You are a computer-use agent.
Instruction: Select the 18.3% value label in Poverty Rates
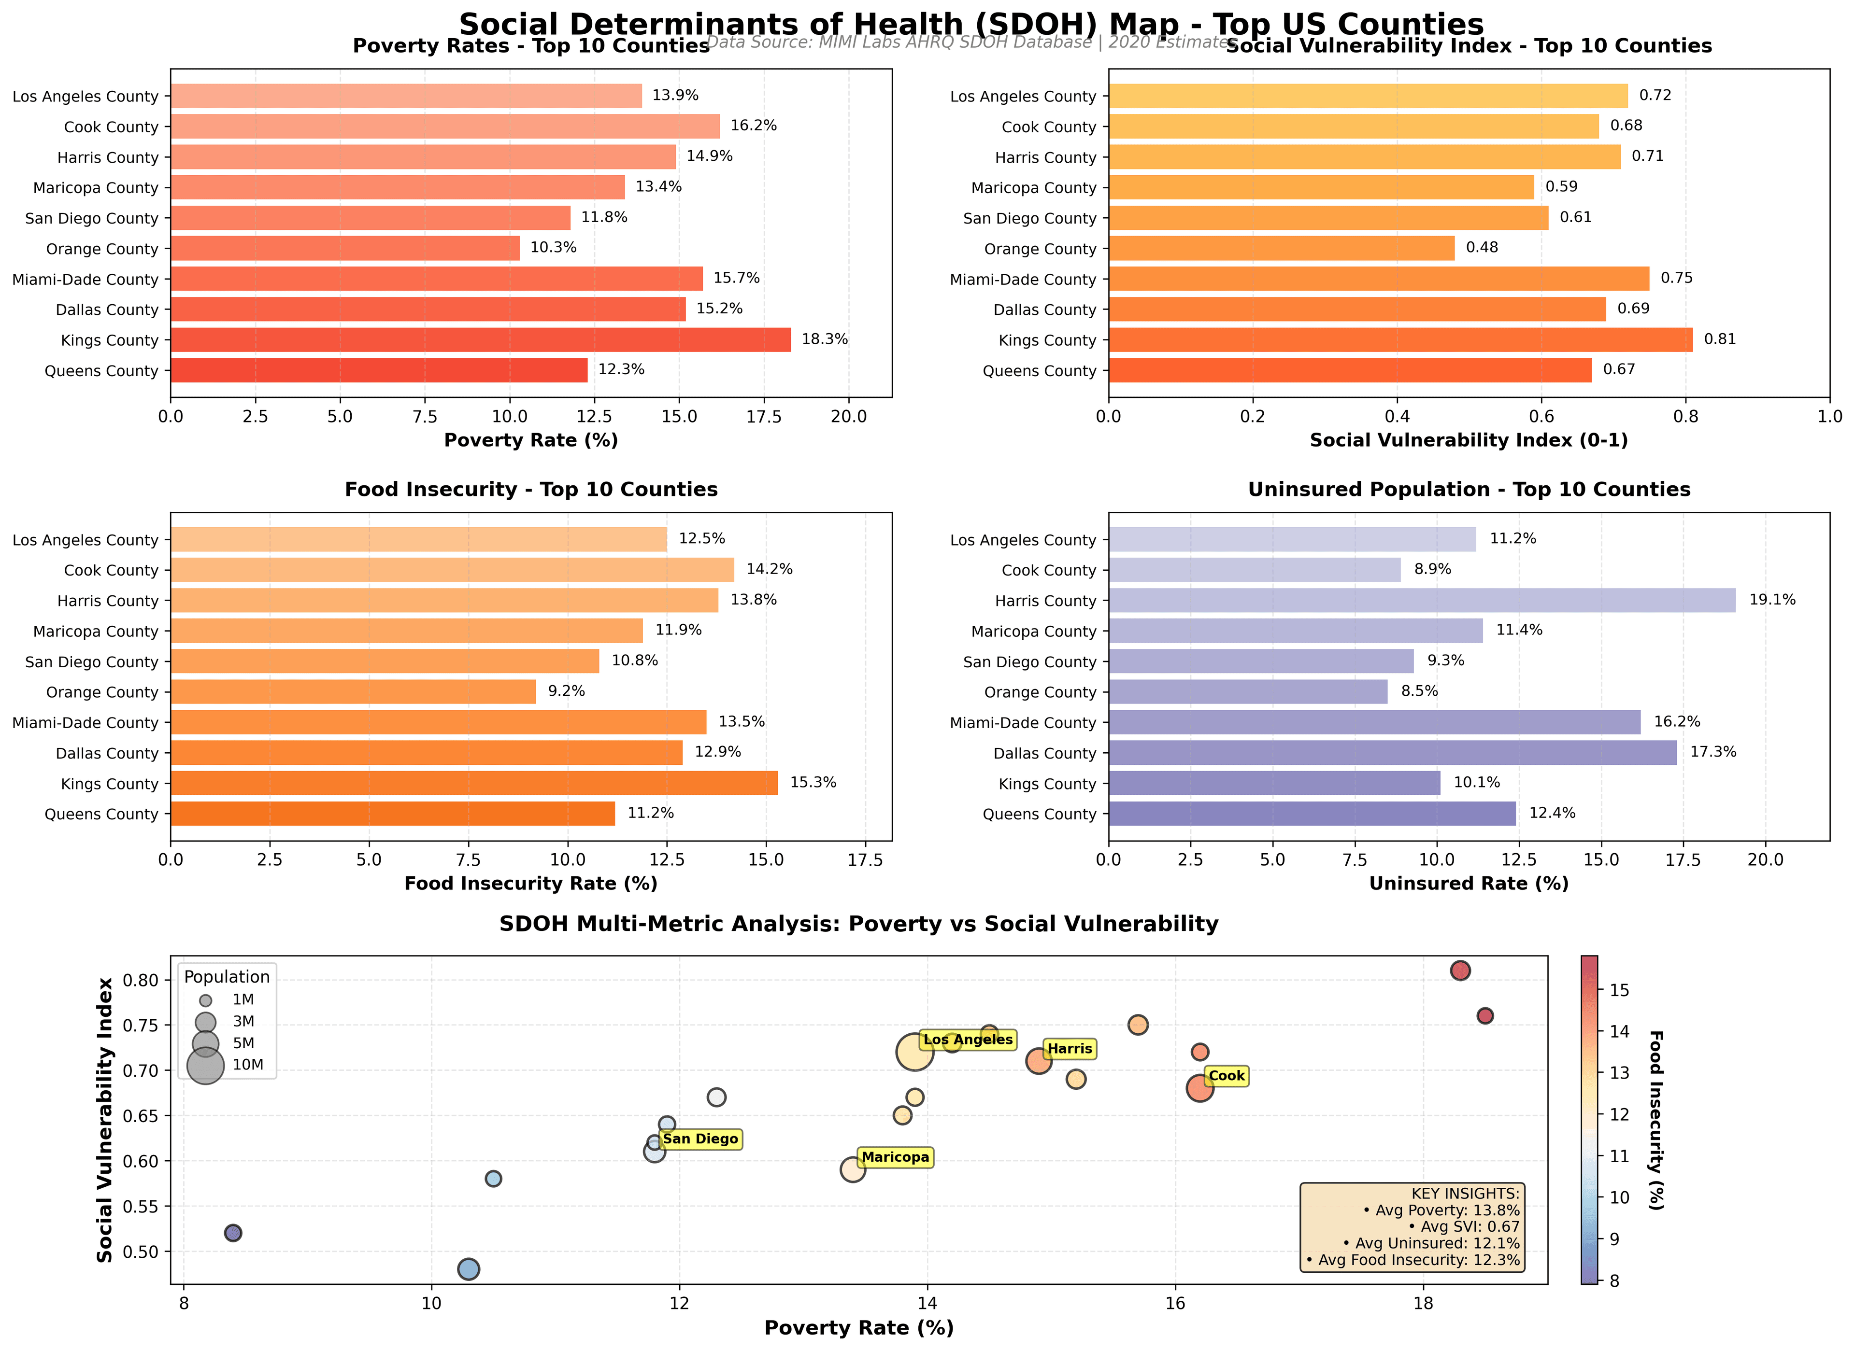825,339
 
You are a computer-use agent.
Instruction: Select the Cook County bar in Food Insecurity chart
452,570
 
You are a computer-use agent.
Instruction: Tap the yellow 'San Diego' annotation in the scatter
700,1139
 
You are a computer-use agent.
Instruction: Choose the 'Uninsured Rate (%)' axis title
1468,884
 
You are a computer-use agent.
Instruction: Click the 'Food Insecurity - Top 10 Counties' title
531,490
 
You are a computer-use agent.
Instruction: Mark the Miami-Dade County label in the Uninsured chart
1022,723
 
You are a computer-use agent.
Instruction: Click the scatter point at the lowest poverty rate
233,1233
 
